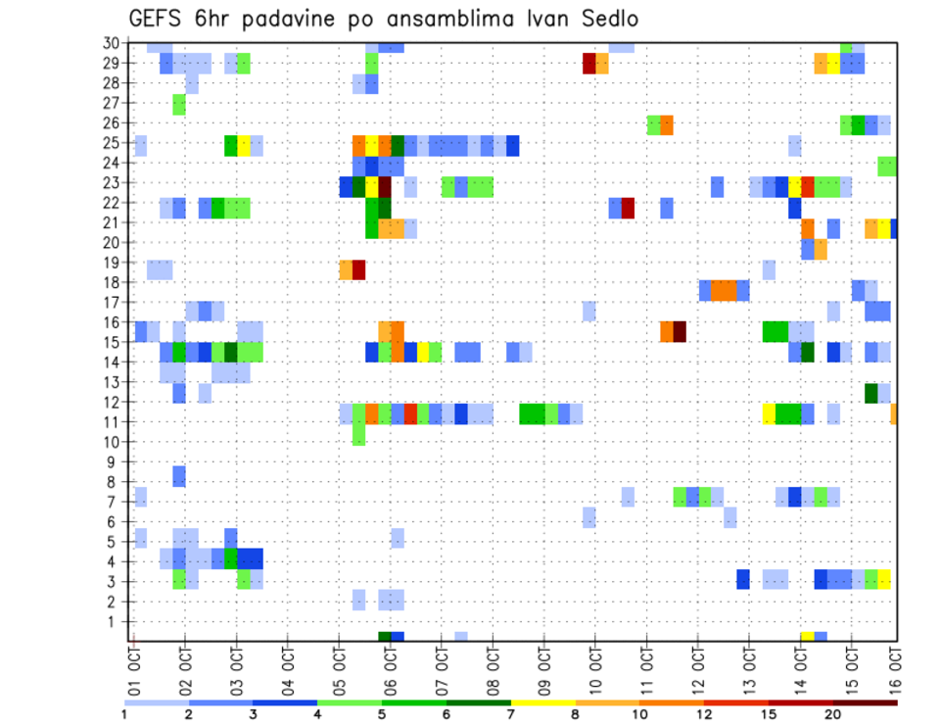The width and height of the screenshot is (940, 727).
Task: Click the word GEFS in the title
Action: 157,19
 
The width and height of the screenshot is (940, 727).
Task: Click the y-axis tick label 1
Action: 116,621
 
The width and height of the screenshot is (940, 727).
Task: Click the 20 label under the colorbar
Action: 833,714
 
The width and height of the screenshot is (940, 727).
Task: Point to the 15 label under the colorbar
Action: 769,714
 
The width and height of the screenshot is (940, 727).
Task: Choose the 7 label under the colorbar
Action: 511,714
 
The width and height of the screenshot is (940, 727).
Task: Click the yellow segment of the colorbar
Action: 543,703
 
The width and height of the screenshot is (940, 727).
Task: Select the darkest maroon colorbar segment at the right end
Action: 866,703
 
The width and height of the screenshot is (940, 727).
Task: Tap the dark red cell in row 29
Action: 588,63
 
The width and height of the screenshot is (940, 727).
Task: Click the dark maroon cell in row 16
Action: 679,331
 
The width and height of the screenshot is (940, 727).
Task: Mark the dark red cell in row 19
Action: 359,269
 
